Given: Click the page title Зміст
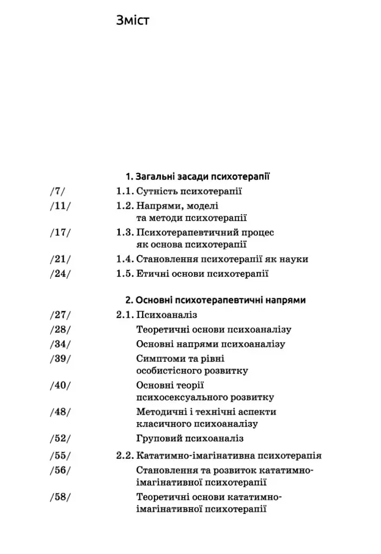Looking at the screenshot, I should click(x=132, y=21).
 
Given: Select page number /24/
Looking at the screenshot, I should click(x=60, y=273).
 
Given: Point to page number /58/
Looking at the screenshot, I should click(x=60, y=497).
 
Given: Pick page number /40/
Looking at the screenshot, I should click(x=60, y=385).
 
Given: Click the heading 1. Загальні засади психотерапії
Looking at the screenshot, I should click(x=198, y=176).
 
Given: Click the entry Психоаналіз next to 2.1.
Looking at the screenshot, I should click(x=166, y=314).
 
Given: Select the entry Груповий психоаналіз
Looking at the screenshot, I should click(x=190, y=439).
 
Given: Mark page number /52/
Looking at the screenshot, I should click(x=60, y=439).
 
